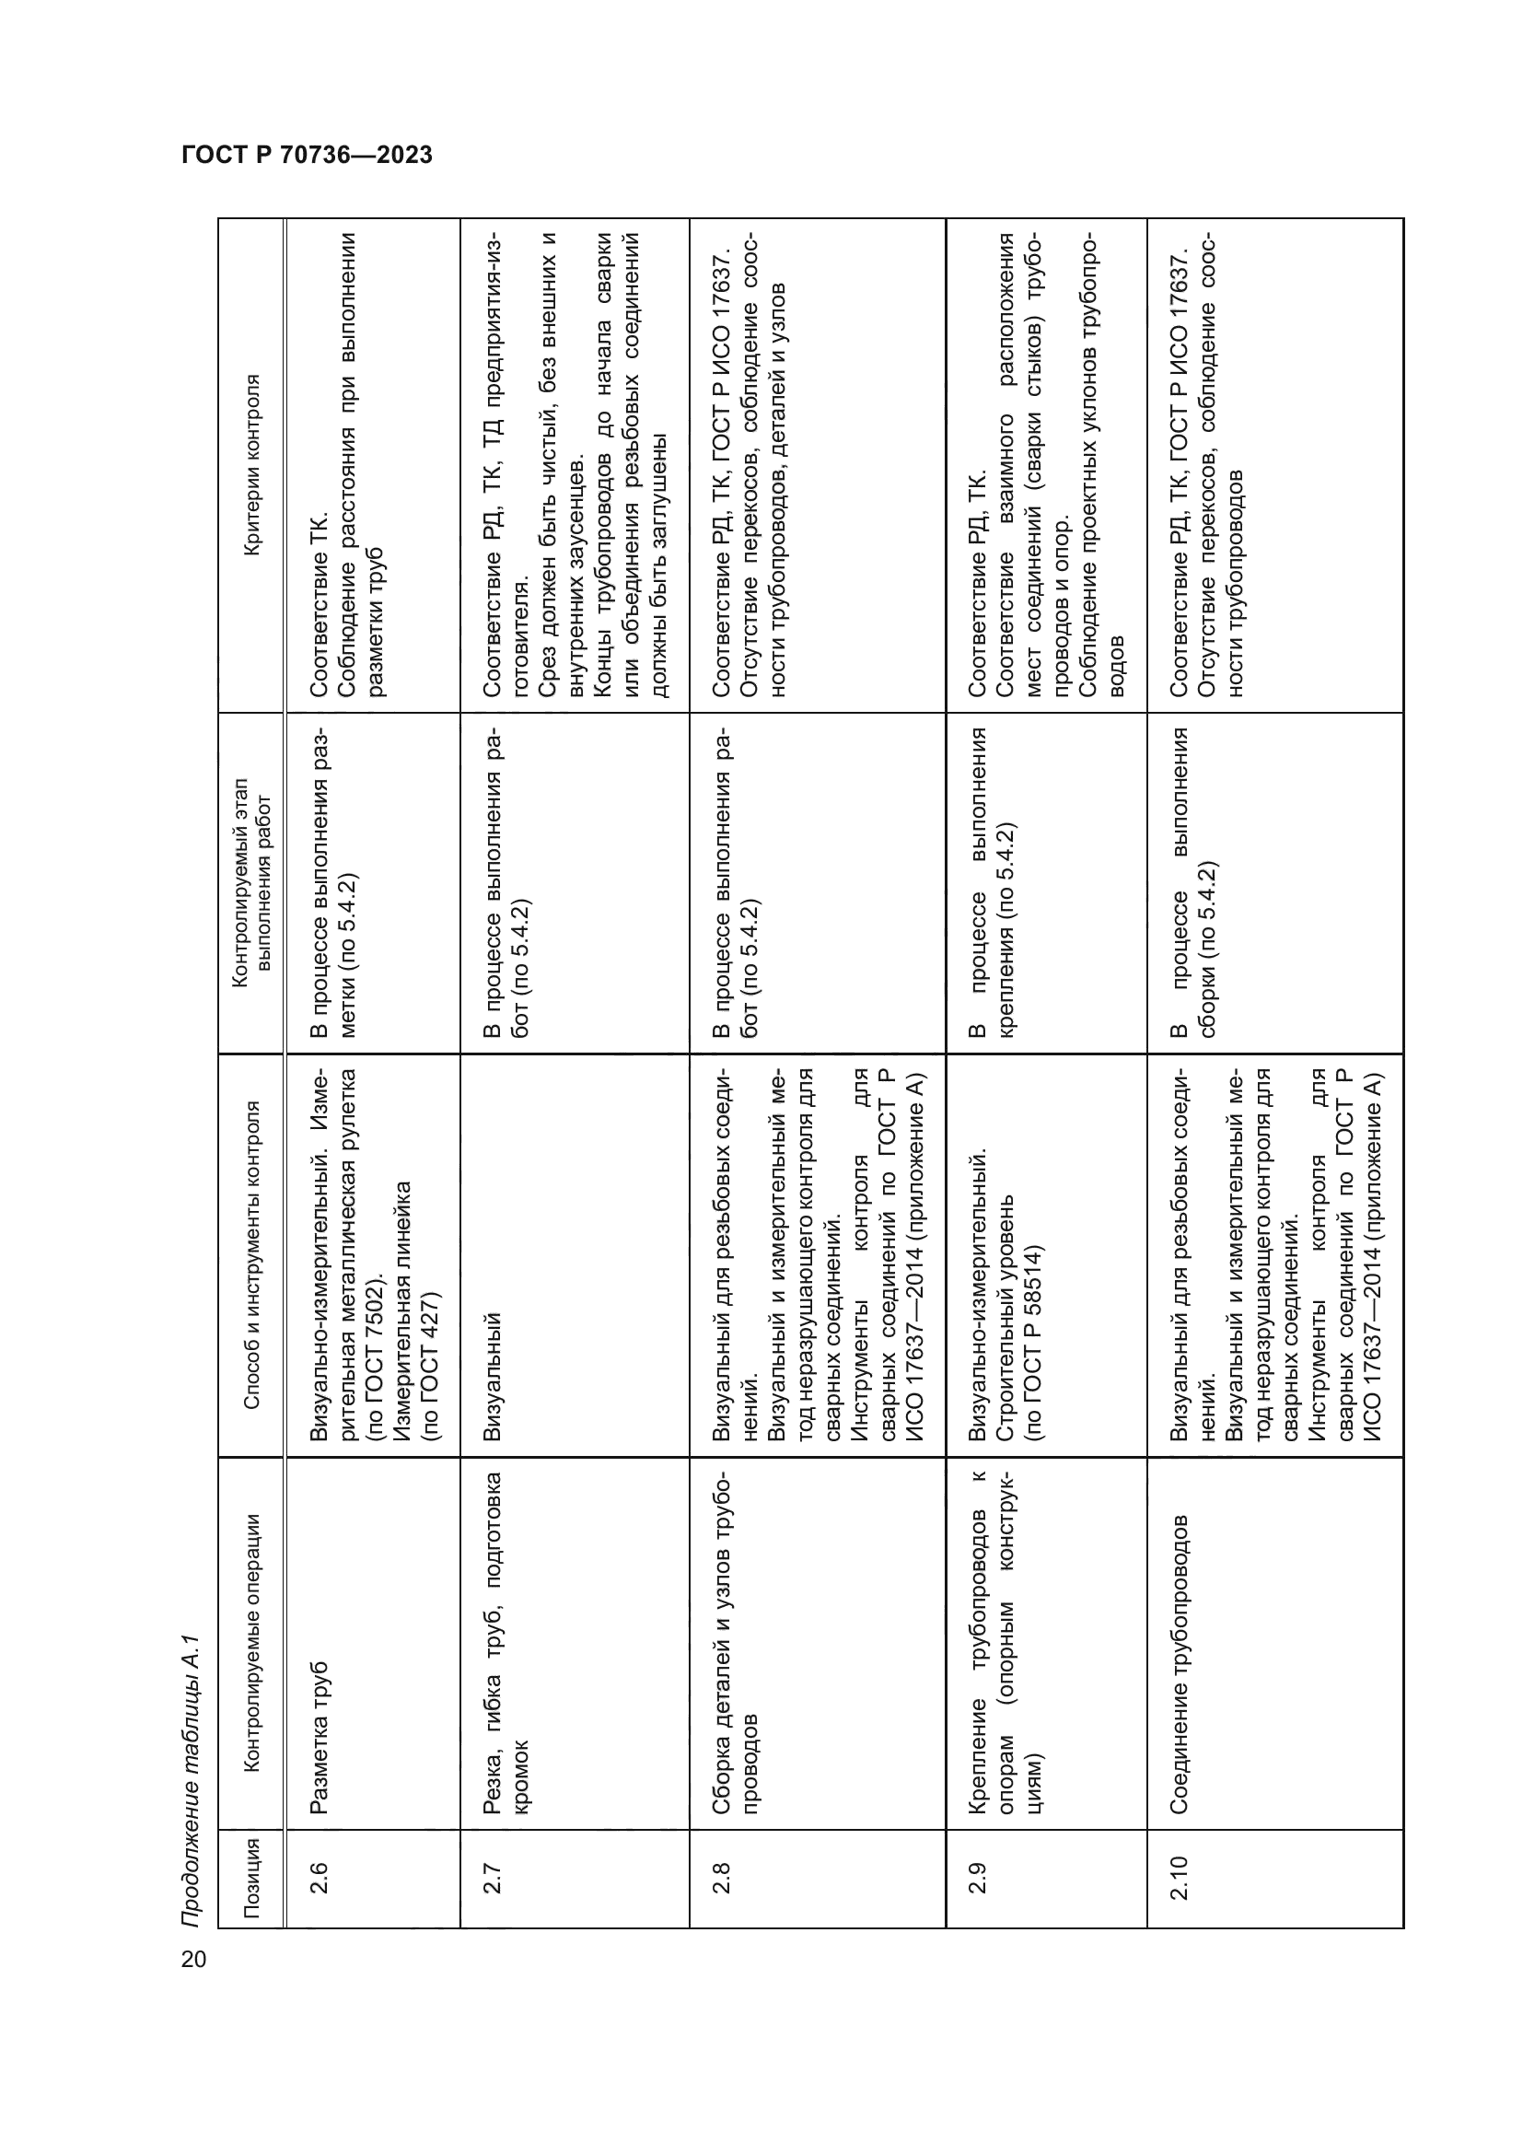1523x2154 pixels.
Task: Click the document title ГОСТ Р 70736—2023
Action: (x=307, y=155)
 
